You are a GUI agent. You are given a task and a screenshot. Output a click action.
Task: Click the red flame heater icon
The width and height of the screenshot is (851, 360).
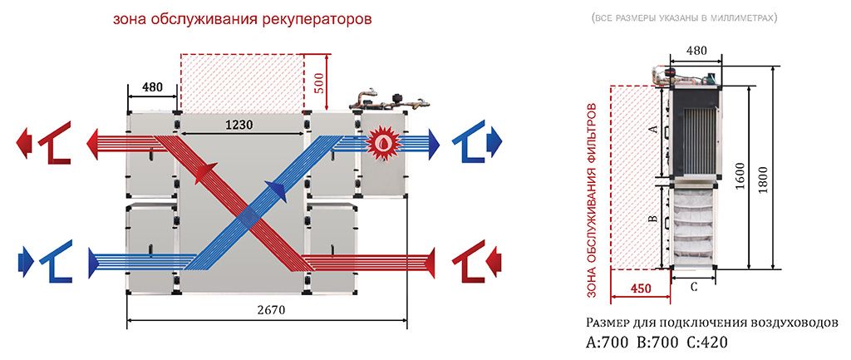click(383, 139)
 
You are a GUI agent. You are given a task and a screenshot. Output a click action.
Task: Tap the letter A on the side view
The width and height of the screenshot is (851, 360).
click(653, 130)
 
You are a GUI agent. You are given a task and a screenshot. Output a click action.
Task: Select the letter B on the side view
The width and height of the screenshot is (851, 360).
click(653, 219)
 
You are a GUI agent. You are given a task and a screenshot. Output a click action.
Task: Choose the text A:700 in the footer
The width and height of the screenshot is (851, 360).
click(609, 342)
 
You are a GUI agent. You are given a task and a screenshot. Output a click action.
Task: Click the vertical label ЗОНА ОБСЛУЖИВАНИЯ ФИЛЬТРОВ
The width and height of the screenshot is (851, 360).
click(593, 200)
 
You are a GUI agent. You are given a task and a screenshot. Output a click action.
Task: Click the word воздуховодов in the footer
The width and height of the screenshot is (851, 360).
click(793, 323)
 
